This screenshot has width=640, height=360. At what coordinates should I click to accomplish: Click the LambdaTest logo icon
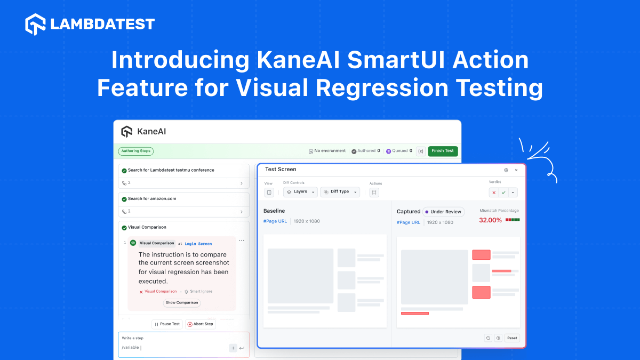click(x=35, y=24)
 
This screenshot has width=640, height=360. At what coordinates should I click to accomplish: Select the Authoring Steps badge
click(x=136, y=151)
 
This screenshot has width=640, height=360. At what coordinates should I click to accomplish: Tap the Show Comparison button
click(x=182, y=302)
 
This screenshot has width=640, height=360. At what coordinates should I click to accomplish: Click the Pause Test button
click(x=167, y=324)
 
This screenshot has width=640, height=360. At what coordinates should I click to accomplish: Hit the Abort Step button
click(x=201, y=324)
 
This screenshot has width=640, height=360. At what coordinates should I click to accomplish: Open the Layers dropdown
click(x=300, y=191)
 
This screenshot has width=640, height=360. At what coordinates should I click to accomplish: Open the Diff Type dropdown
click(x=340, y=191)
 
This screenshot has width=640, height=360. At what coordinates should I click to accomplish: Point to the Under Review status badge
click(x=443, y=212)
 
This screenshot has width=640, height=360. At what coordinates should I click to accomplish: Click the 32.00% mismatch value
click(x=490, y=220)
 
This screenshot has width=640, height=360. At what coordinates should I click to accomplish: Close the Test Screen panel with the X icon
click(x=516, y=170)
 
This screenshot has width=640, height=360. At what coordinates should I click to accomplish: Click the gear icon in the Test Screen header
click(x=506, y=170)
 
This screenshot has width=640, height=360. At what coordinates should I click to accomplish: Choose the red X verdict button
click(x=494, y=193)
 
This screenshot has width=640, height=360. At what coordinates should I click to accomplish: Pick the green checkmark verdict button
click(x=503, y=193)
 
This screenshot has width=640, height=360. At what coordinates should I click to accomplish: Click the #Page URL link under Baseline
click(x=275, y=221)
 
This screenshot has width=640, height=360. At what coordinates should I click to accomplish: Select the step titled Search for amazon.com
click(x=152, y=198)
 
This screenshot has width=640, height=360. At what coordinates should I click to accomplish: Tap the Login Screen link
click(x=198, y=244)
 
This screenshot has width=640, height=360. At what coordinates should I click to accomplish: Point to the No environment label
click(x=330, y=151)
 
